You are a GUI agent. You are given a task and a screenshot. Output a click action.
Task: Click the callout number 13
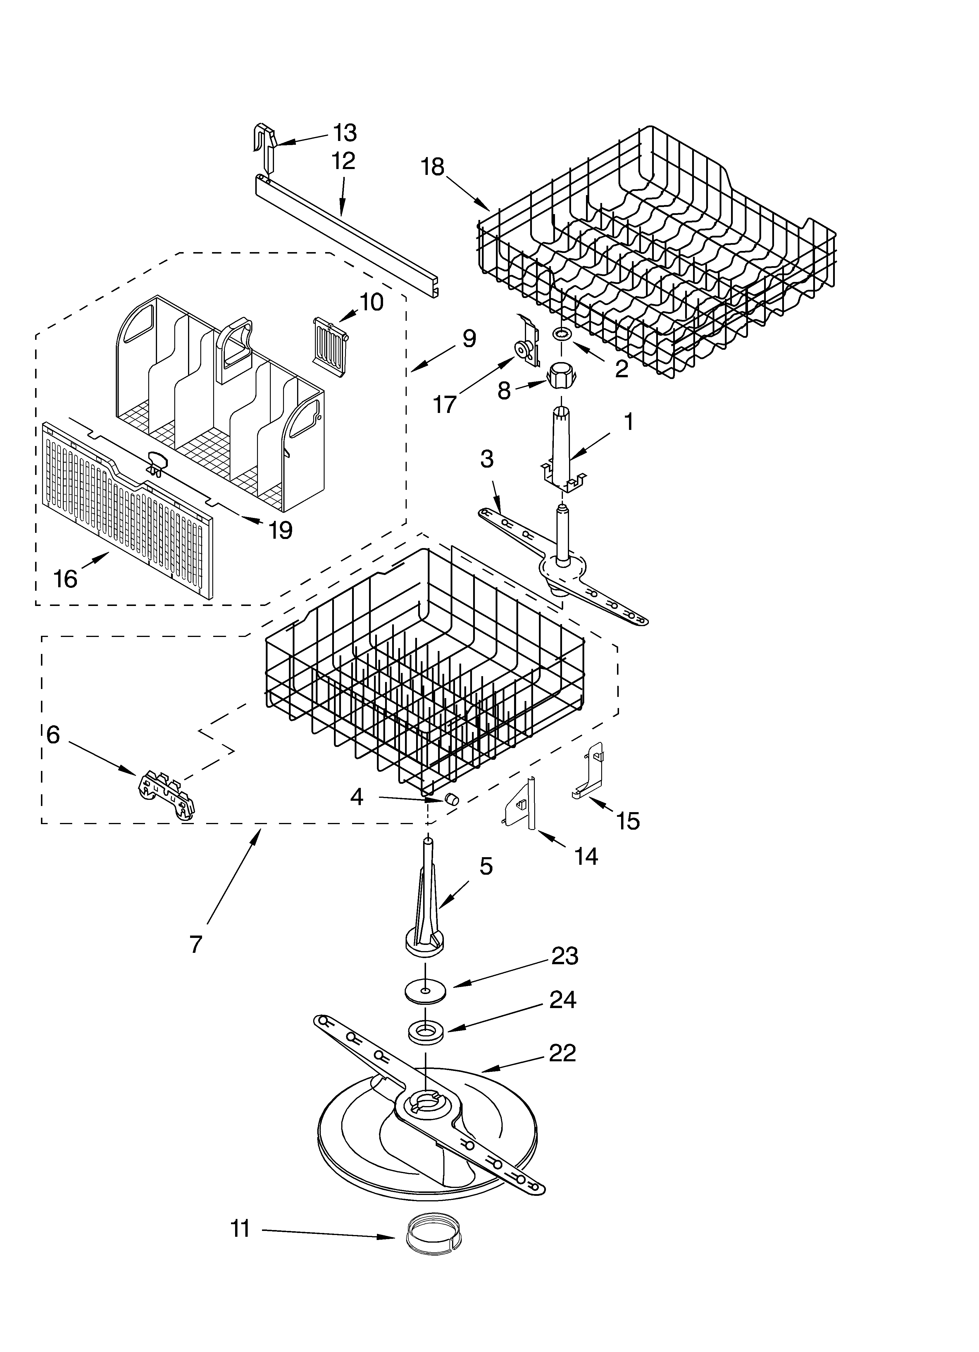[345, 133]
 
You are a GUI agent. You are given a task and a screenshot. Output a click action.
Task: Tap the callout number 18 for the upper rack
[433, 167]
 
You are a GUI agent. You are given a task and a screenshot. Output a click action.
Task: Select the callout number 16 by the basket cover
[66, 578]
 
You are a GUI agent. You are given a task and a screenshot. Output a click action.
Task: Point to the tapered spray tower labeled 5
[426, 921]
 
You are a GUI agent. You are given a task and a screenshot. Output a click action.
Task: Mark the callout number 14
[586, 857]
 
